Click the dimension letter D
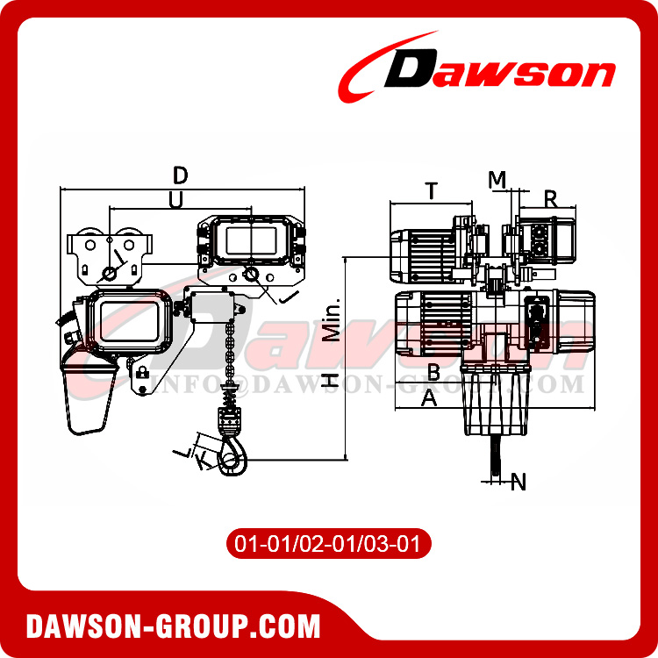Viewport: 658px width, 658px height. (x=180, y=174)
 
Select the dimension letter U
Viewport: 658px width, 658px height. (x=175, y=200)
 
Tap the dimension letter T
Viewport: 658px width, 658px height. (x=431, y=190)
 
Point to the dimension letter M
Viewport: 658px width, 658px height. (x=497, y=179)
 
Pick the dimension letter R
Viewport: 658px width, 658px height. (x=551, y=197)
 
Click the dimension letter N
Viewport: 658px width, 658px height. (x=519, y=481)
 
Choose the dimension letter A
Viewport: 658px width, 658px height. (x=430, y=398)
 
